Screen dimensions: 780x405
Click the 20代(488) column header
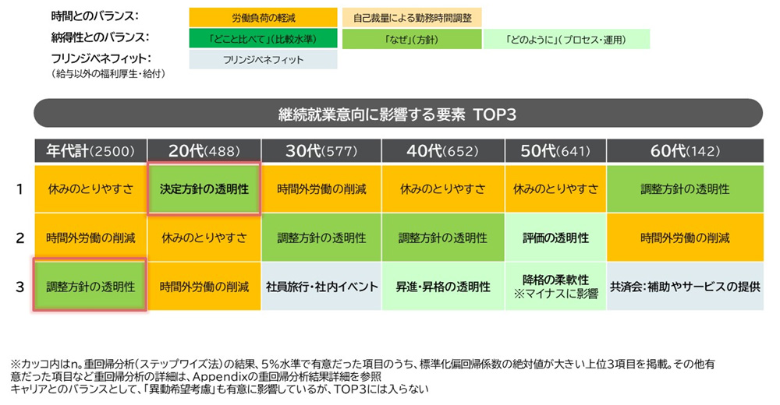(x=204, y=150)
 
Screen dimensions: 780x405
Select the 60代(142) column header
(x=685, y=150)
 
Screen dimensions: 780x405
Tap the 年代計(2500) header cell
(x=90, y=150)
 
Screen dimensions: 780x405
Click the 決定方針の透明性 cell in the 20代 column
(x=204, y=188)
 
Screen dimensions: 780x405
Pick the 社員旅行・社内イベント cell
(x=321, y=287)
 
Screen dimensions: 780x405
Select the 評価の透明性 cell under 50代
(x=555, y=238)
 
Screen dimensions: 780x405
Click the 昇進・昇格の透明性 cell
(x=443, y=287)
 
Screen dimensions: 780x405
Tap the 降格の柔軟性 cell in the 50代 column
(x=555, y=287)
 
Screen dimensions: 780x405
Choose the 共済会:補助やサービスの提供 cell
(x=685, y=287)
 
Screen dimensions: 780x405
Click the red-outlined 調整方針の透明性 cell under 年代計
(x=90, y=285)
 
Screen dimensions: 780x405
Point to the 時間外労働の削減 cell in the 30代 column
(x=321, y=188)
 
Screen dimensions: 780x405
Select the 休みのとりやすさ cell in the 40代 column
(x=443, y=188)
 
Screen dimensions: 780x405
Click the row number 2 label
(x=20, y=238)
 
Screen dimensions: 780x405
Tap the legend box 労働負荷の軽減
(x=263, y=18)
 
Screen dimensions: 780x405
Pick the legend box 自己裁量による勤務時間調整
(x=412, y=18)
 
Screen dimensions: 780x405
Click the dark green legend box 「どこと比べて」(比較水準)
(x=263, y=39)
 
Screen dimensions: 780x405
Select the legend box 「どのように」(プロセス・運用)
(x=566, y=39)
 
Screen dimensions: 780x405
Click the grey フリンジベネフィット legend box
(x=263, y=60)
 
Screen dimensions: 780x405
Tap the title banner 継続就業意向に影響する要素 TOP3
(x=398, y=114)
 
